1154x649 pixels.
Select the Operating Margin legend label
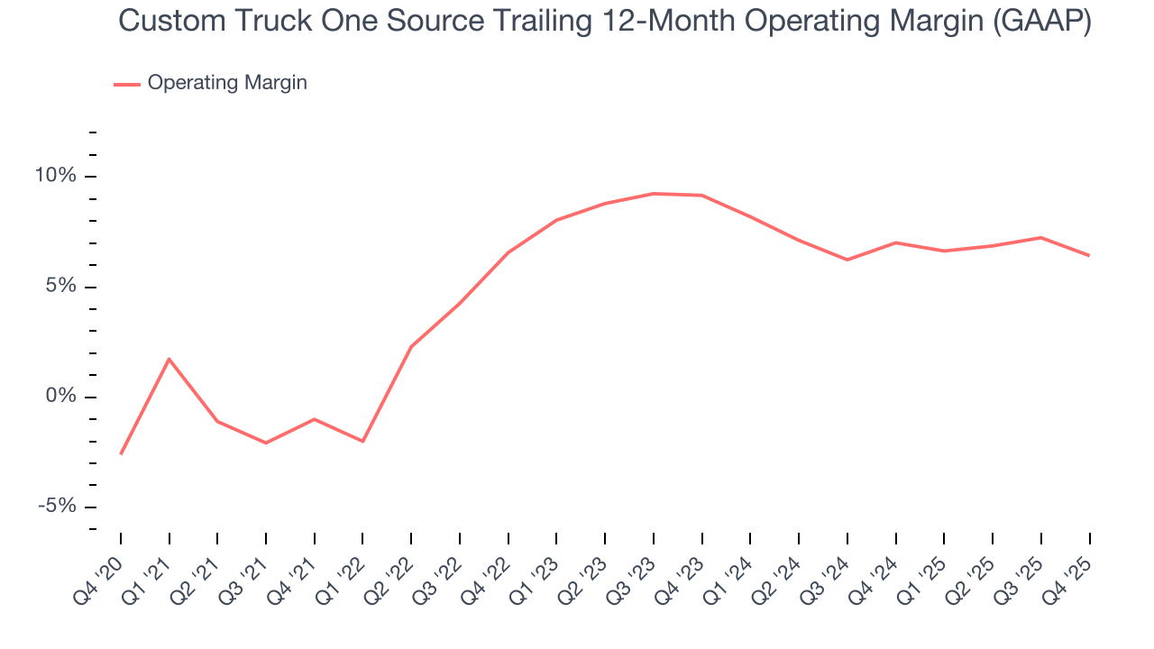(227, 83)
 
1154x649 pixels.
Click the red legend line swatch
(126, 84)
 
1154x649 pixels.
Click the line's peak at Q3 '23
(654, 194)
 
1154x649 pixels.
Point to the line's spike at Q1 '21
(169, 359)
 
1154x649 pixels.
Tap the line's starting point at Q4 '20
(121, 453)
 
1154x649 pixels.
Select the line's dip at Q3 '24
(847, 260)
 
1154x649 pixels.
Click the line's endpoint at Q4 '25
(1089, 255)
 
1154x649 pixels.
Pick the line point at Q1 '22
(362, 442)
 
